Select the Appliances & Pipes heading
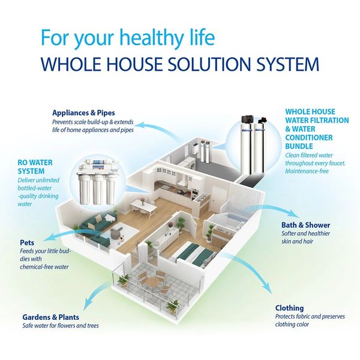[x=83, y=112]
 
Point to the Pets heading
[x=27, y=242]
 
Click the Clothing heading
[x=290, y=308]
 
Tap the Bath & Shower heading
[x=306, y=226]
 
